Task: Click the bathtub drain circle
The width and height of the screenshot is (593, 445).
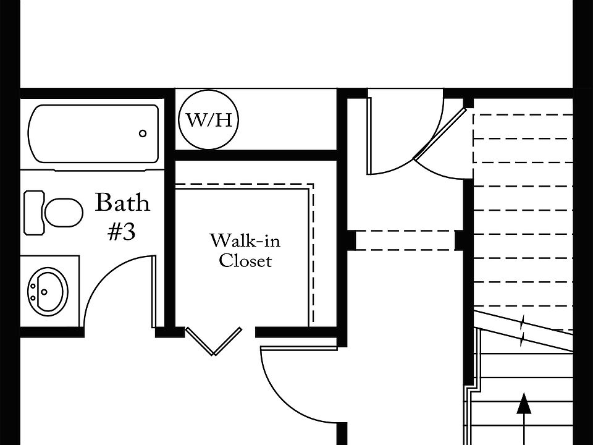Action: tap(143, 133)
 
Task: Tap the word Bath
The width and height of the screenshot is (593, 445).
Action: tap(122, 203)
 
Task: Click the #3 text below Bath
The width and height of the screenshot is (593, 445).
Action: tap(122, 232)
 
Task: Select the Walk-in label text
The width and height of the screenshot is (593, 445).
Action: tap(245, 240)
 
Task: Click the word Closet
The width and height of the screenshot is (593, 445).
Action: tap(245, 261)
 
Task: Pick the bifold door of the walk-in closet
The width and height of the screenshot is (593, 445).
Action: tap(214, 341)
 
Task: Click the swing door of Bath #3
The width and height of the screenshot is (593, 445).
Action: tap(153, 291)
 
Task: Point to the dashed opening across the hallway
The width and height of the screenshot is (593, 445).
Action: tap(405, 240)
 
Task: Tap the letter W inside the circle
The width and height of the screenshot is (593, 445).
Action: tap(196, 120)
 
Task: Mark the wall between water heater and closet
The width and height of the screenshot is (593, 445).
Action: tap(256, 155)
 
